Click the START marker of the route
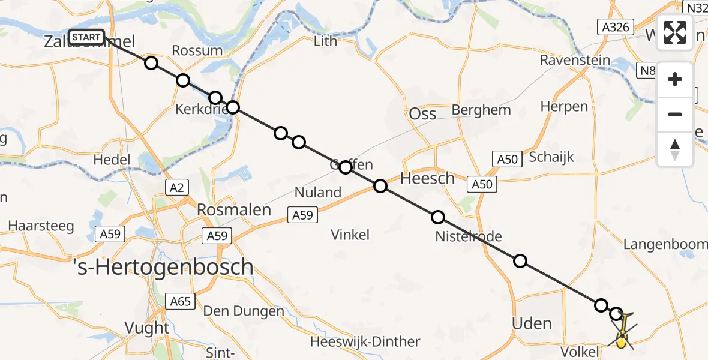click(x=86, y=37)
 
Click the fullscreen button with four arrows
click(x=675, y=32)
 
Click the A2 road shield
click(x=176, y=188)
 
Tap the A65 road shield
click(x=180, y=301)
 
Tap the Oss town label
click(x=422, y=113)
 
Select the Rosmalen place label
click(x=234, y=211)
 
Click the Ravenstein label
click(x=575, y=60)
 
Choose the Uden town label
click(x=532, y=323)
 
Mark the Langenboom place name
click(x=665, y=244)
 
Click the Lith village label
click(x=326, y=41)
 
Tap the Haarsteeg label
click(x=41, y=226)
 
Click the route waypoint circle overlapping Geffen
click(x=345, y=167)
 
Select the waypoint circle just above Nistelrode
click(x=438, y=217)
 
